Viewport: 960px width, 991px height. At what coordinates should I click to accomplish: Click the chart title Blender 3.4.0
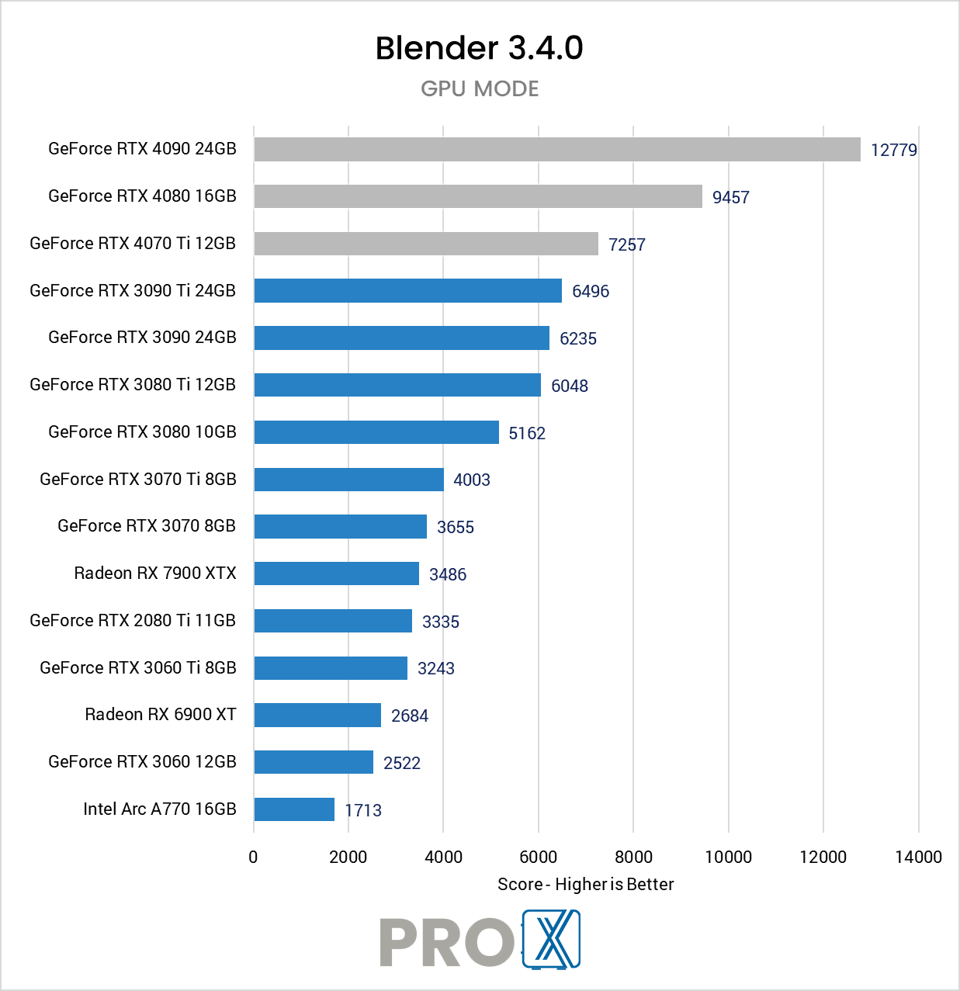click(x=479, y=48)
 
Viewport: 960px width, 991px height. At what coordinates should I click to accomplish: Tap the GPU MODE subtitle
click(x=480, y=88)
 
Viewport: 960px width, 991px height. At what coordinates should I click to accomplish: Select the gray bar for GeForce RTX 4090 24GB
click(x=557, y=149)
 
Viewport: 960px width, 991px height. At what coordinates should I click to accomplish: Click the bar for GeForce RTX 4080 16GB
click(x=478, y=196)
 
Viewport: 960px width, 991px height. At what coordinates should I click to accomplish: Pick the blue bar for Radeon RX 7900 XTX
click(x=337, y=573)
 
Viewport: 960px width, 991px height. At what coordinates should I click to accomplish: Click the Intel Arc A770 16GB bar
click(x=294, y=809)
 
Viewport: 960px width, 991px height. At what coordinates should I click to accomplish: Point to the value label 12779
click(x=893, y=150)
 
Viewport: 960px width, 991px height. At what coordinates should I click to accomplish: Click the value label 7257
click(x=626, y=244)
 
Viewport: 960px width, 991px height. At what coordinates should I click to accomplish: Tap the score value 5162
click(x=527, y=433)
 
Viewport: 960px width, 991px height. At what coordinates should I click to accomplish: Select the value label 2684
click(x=409, y=716)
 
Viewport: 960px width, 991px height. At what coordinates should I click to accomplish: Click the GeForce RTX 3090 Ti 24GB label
click(x=133, y=290)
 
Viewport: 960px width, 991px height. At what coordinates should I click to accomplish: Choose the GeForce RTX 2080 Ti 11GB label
click(x=133, y=620)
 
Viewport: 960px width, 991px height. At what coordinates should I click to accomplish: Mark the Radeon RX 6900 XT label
click(x=161, y=714)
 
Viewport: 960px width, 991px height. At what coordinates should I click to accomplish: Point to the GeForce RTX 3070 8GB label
click(x=147, y=525)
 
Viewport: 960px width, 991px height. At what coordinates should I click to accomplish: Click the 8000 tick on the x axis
click(x=633, y=857)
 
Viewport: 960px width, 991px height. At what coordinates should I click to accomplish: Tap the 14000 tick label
click(x=918, y=857)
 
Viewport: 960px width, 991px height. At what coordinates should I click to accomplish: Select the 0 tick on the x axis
click(x=253, y=857)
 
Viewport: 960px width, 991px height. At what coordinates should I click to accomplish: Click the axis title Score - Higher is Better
click(x=585, y=884)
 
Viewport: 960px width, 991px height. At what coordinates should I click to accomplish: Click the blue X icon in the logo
click(x=552, y=940)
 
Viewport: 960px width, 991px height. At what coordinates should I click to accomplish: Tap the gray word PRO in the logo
click(x=446, y=942)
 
